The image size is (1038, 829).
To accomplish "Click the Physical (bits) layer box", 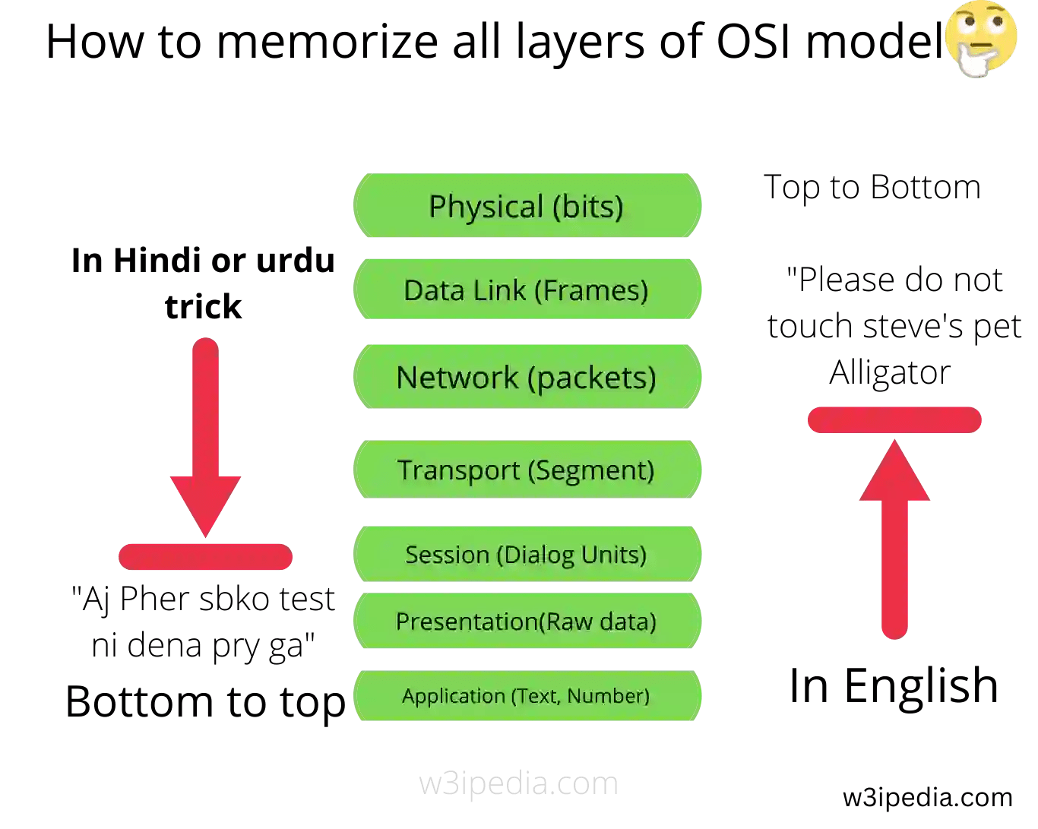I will pyautogui.click(x=527, y=206).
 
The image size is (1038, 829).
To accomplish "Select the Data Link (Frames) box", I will pyautogui.click(x=527, y=290).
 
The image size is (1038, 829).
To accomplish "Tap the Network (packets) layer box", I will pyautogui.click(x=527, y=377).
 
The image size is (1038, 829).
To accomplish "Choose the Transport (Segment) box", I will pyautogui.click(x=527, y=470).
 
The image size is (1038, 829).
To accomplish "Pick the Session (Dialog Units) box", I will pyautogui.click(x=527, y=554).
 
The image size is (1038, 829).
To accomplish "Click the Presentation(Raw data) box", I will pyautogui.click(x=527, y=621).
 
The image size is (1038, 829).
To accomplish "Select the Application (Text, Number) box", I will pyautogui.click(x=527, y=695).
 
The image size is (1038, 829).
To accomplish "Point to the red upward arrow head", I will pyautogui.click(x=894, y=473).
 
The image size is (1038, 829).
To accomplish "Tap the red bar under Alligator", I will pyautogui.click(x=894, y=420).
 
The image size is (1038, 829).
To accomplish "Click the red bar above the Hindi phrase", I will pyautogui.click(x=205, y=557).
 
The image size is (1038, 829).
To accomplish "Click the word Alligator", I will pyautogui.click(x=890, y=372).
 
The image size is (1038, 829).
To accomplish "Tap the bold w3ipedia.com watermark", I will pyautogui.click(x=927, y=797).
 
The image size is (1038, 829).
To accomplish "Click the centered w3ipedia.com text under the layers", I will pyautogui.click(x=518, y=783).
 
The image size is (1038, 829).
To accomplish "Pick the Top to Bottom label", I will pyautogui.click(x=872, y=187).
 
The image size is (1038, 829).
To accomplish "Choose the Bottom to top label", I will pyautogui.click(x=205, y=701).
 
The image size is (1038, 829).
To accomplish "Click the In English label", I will pyautogui.click(x=894, y=685).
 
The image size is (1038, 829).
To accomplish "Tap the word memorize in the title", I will pyautogui.click(x=327, y=41).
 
